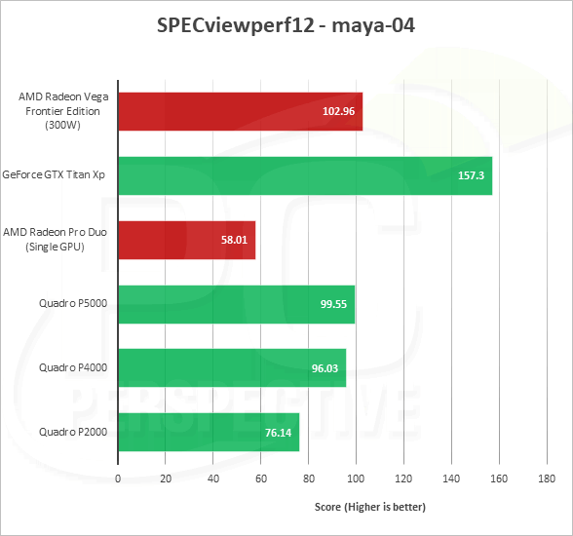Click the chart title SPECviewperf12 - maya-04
point(286,25)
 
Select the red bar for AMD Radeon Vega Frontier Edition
point(241,111)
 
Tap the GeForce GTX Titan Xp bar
point(305,175)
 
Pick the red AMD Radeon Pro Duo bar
point(187,240)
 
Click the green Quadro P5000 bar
point(237,304)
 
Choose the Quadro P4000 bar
point(232,368)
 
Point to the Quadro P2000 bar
point(209,433)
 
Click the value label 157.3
point(471,175)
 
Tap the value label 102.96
point(338,111)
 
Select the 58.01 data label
point(234,240)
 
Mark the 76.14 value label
point(278,433)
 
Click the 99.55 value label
point(333,304)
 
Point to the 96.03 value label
point(325,368)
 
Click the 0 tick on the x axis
point(118,479)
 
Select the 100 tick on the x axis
point(356,479)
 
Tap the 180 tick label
point(547,479)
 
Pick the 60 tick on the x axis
point(261,479)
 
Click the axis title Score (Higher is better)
point(370,507)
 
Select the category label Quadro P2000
point(73,433)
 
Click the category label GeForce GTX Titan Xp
point(54,175)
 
